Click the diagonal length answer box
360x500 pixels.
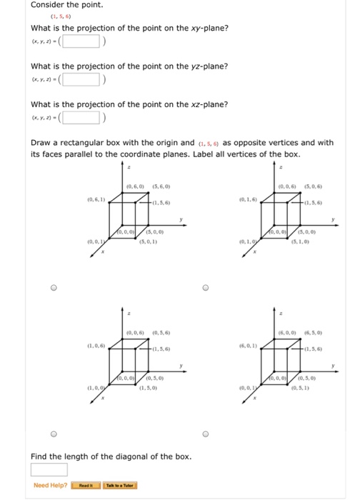tap(49, 469)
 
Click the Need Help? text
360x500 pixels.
tap(50, 486)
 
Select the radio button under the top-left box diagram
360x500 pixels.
tap(53, 289)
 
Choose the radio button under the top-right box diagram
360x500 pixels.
tap(205, 289)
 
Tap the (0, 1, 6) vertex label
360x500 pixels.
tap(249, 199)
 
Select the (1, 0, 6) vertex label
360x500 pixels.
tap(96, 345)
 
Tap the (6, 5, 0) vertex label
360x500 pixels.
tap(312, 333)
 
